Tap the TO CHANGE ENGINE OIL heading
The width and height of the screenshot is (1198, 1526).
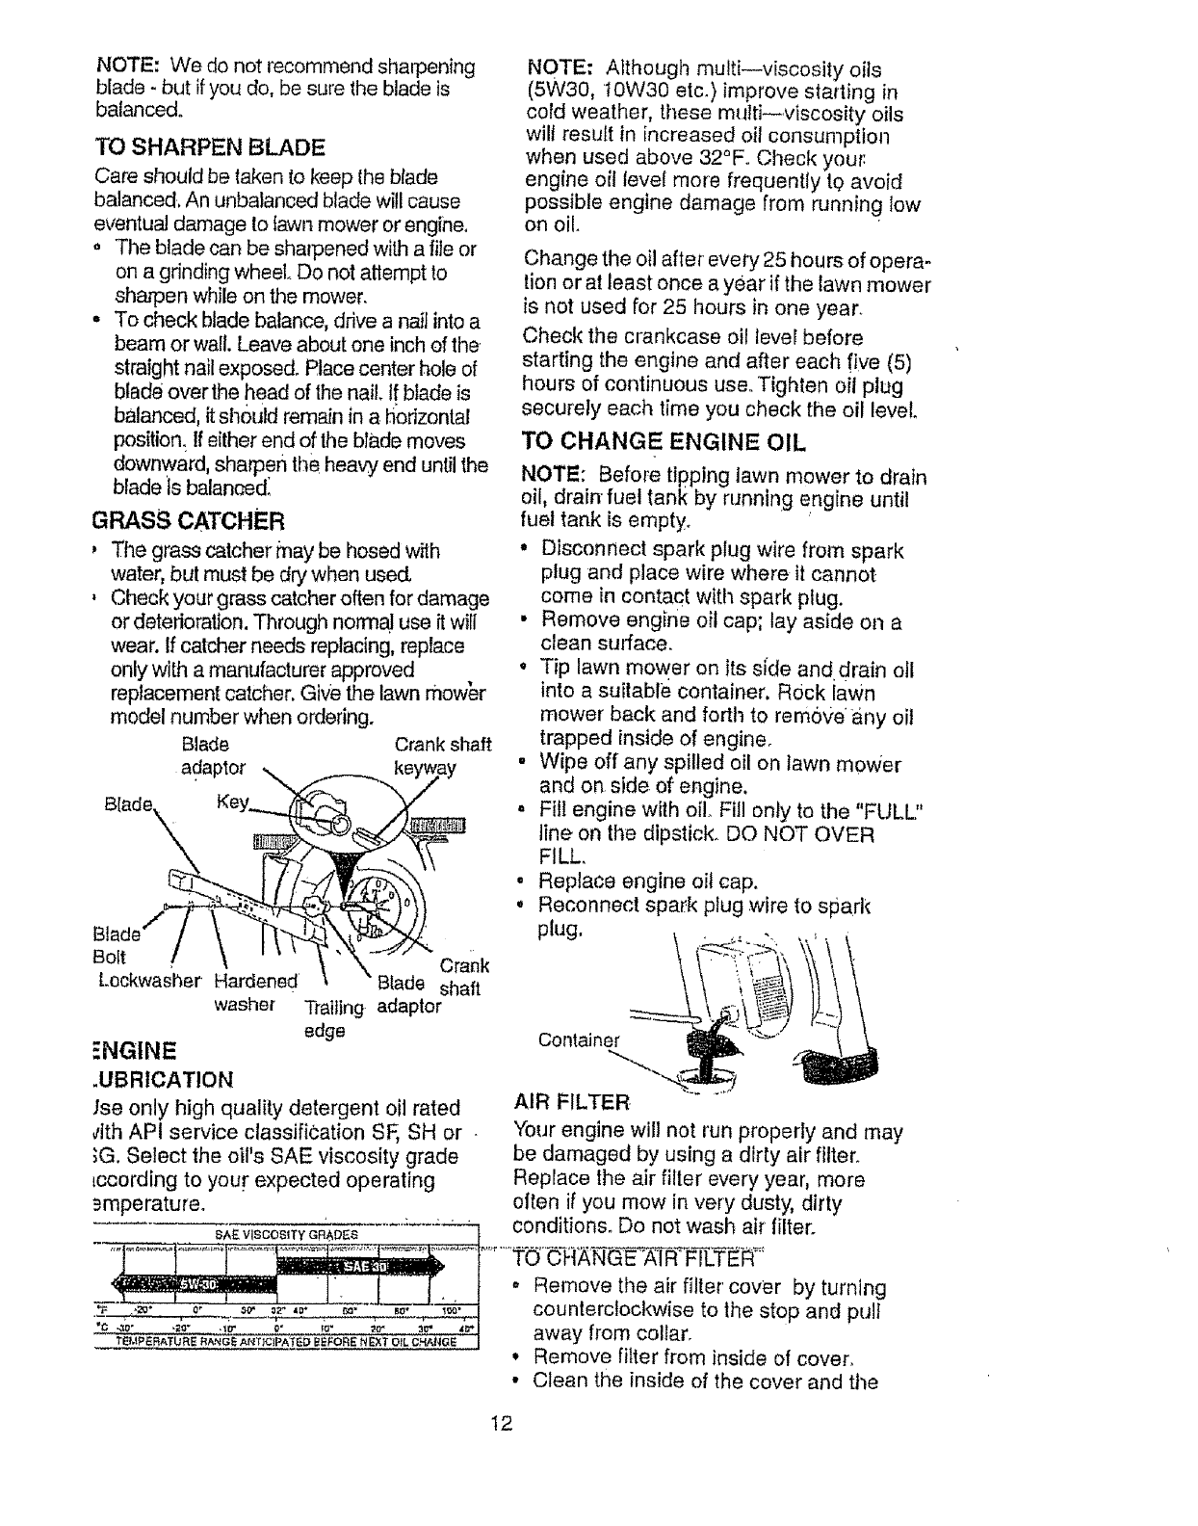tap(663, 444)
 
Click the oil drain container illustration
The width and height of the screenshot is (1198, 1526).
tap(707, 1071)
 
